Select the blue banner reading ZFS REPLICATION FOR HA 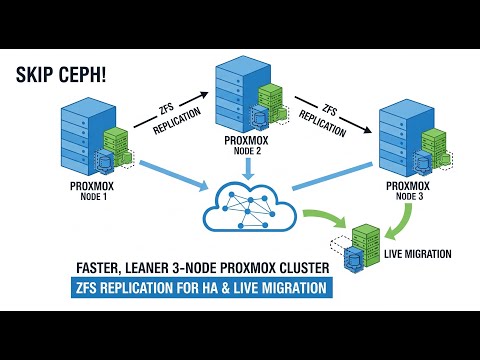(x=203, y=288)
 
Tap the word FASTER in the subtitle (x=106, y=268)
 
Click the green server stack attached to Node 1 (x=119, y=146)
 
